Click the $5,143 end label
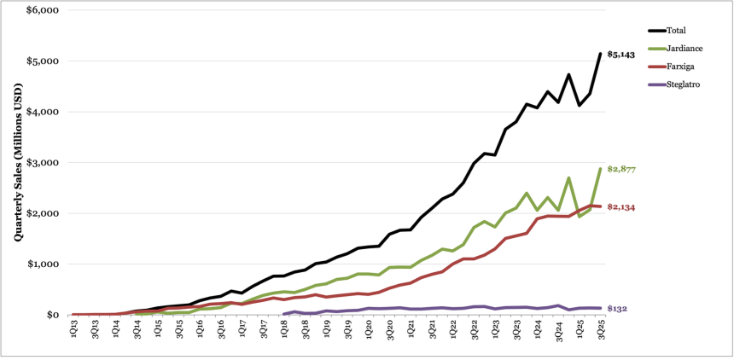tap(620, 55)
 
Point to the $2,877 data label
tap(621, 170)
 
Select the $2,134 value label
tap(621, 207)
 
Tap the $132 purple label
tap(617, 309)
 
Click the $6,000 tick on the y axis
tap(40, 10)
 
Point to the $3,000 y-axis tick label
tap(40, 163)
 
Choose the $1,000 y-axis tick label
tap(40, 264)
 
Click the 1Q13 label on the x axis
tap(74, 328)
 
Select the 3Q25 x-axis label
tap(601, 328)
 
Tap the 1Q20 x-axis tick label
tap(369, 328)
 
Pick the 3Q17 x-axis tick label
tap(264, 328)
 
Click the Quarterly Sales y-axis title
tap(18, 162)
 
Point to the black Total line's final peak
tap(600, 54)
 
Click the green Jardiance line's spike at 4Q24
tap(568, 178)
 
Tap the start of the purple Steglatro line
tap(284, 314)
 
